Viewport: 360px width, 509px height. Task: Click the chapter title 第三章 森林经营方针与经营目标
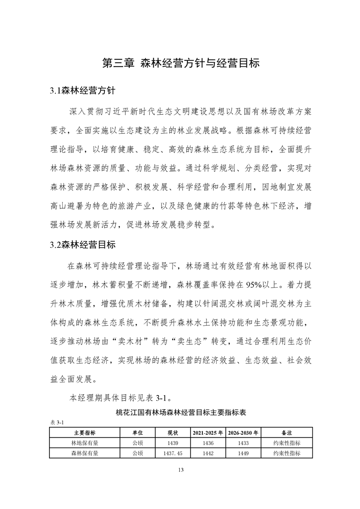point(180,63)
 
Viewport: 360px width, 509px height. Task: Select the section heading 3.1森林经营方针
point(83,90)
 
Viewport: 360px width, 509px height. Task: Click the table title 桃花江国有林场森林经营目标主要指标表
point(181,413)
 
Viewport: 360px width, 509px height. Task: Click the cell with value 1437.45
point(173,453)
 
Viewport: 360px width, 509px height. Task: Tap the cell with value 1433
point(243,443)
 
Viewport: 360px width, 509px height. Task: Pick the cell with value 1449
point(243,453)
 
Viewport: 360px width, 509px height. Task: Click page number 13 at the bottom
point(180,470)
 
